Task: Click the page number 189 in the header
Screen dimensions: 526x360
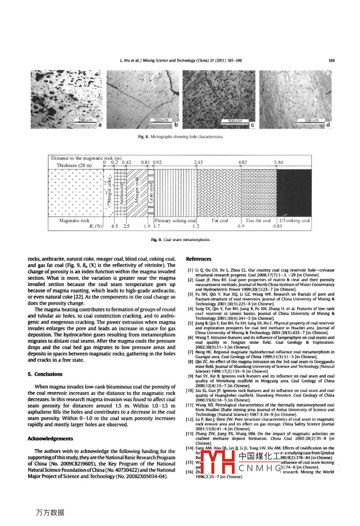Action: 331,61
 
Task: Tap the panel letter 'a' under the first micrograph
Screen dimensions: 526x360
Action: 100,125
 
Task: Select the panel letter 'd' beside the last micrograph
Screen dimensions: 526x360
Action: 328,125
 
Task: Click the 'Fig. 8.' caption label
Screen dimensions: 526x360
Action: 143,137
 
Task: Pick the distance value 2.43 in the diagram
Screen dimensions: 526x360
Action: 198,162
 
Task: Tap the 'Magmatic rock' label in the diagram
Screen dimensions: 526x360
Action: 74,220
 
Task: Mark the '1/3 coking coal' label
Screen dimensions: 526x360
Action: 294,220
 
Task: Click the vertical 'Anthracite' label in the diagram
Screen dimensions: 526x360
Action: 121,193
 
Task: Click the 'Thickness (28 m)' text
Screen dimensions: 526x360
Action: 74,165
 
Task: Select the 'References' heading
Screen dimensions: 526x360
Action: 199,259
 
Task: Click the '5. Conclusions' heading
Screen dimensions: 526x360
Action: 45,374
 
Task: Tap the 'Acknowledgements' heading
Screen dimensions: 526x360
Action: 50,438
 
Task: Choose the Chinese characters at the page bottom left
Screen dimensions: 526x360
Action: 50,512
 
